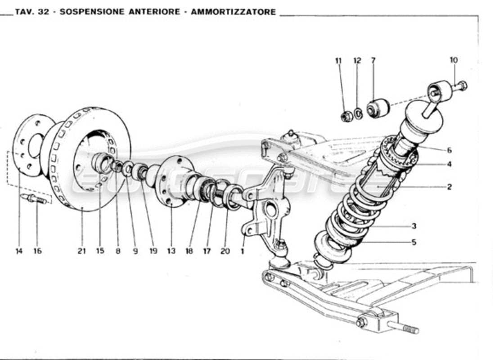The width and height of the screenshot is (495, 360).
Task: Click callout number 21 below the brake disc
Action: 81,251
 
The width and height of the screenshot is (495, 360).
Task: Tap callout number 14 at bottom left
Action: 18,251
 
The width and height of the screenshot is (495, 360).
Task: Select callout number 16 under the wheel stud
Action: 37,251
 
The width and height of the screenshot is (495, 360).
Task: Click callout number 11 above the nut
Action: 338,60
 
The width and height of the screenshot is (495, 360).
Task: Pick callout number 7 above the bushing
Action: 373,60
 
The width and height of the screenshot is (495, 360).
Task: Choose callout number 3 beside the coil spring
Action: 414,226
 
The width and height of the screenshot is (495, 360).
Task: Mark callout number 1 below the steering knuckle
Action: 243,251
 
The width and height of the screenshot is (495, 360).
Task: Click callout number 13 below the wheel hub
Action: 171,251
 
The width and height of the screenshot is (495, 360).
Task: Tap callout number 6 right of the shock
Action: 449,150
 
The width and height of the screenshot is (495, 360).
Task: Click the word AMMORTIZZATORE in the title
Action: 233,12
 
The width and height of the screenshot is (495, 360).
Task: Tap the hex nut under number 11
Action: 346,117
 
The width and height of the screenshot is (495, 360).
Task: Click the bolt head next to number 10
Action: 463,85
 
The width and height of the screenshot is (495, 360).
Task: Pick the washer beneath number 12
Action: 358,114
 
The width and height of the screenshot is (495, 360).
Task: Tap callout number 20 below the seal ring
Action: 225,251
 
